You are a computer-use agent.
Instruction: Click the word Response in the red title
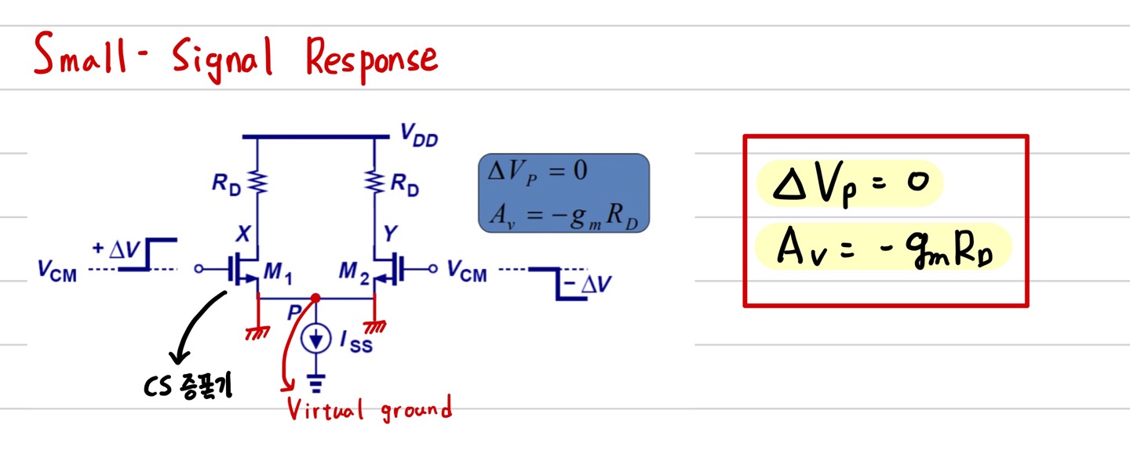371,58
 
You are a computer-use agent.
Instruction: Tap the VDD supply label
418,140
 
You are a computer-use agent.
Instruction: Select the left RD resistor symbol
257,182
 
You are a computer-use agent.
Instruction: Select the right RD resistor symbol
373,182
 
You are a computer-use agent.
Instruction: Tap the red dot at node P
315,299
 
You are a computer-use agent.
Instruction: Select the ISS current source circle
316,339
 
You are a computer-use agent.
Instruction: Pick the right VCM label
467,271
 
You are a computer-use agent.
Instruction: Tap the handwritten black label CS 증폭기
187,387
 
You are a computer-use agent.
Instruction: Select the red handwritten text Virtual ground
369,408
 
